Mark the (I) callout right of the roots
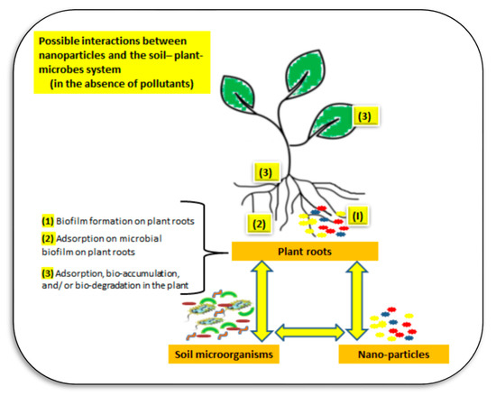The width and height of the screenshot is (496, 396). click(x=356, y=216)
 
